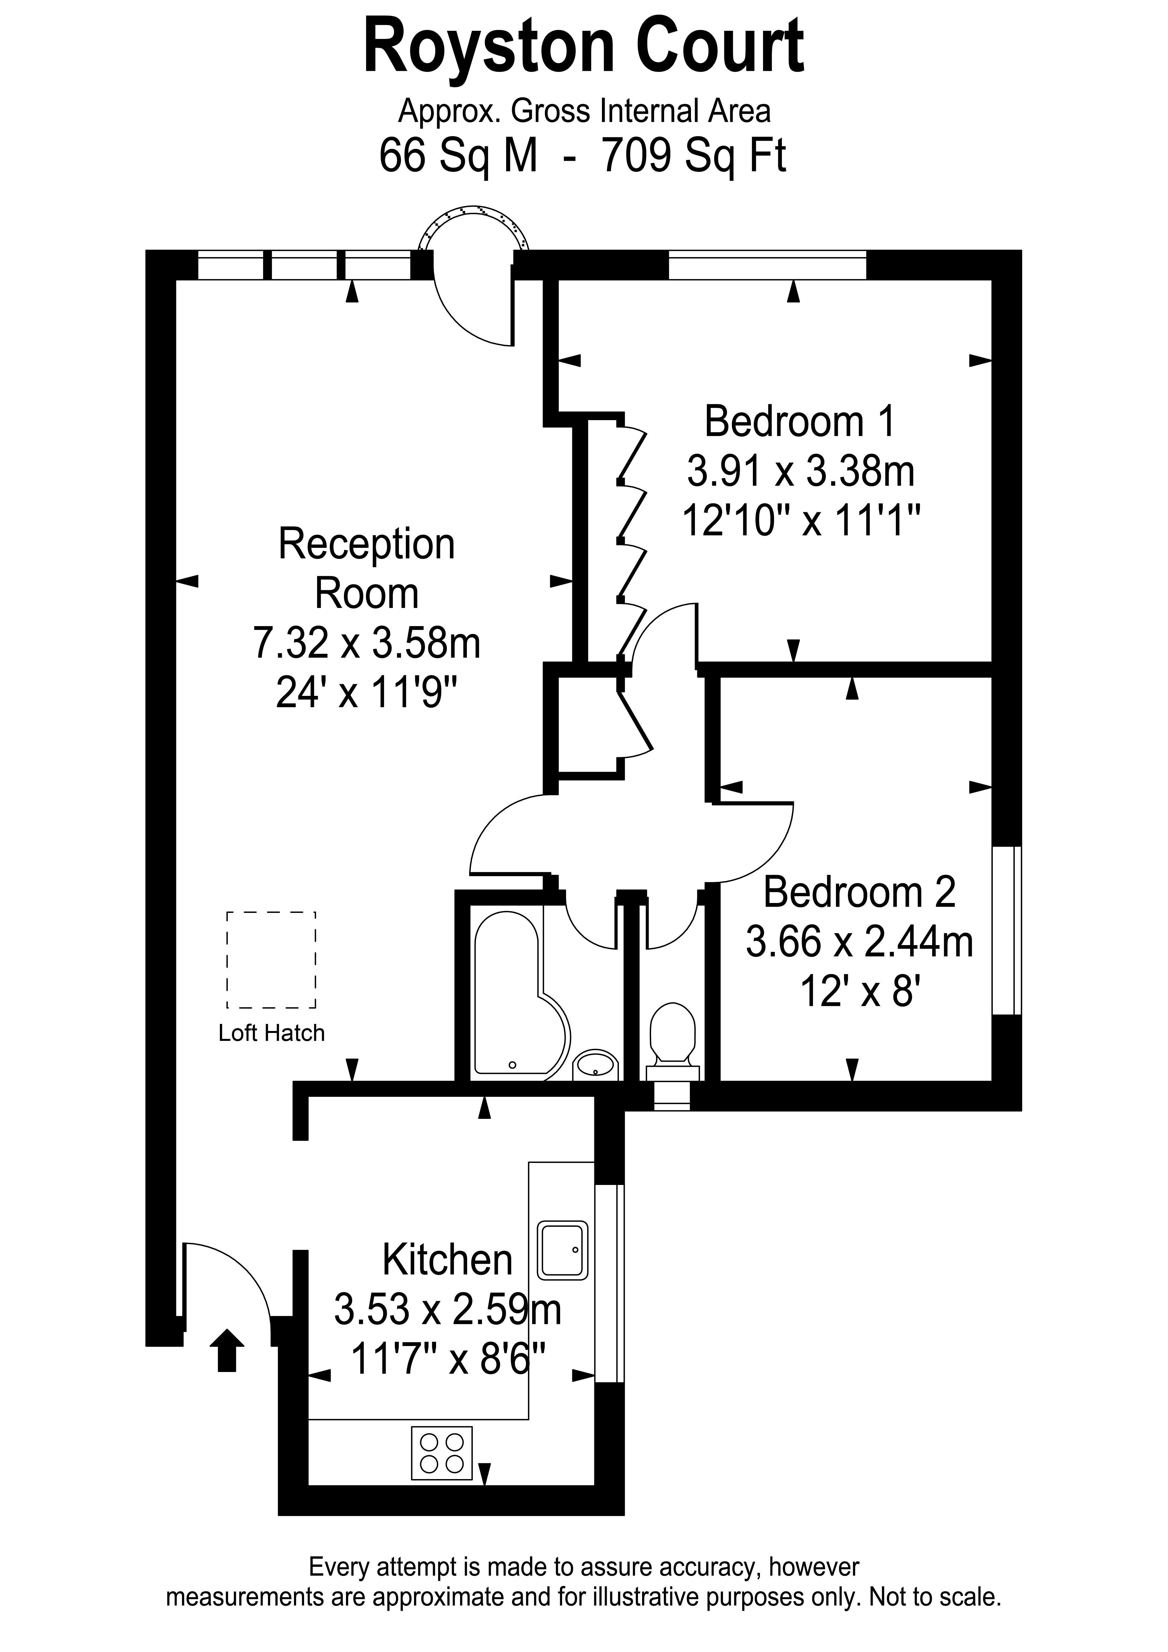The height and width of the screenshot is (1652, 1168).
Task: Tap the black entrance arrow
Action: pyautogui.click(x=227, y=1350)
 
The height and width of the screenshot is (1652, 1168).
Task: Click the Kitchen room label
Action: pyautogui.click(x=447, y=1259)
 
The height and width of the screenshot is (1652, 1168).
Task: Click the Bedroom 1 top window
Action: pyautogui.click(x=767, y=265)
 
